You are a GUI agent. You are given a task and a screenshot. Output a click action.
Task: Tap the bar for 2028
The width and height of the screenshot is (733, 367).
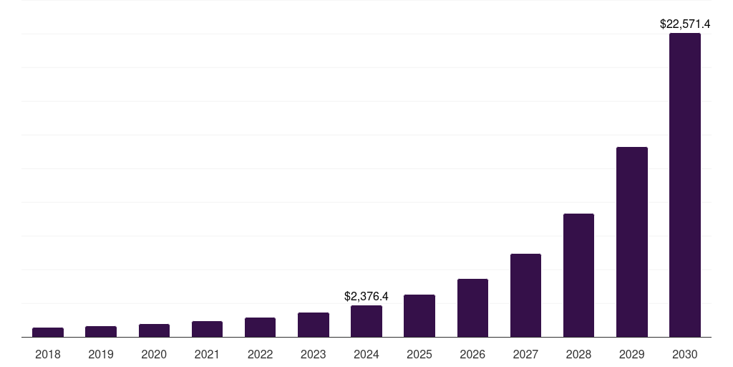click(x=578, y=275)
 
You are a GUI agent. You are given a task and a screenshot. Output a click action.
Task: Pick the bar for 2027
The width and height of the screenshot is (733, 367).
click(x=525, y=295)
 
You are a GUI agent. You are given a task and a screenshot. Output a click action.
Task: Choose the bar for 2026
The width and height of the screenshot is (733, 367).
click(x=472, y=308)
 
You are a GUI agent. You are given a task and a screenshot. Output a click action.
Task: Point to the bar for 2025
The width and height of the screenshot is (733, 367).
click(x=419, y=316)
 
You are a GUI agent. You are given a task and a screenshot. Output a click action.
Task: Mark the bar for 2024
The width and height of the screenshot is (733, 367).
click(x=366, y=321)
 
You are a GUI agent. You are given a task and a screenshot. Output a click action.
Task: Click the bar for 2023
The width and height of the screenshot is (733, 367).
click(x=314, y=325)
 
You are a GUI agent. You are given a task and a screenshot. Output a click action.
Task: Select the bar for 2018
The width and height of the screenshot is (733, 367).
click(x=48, y=333)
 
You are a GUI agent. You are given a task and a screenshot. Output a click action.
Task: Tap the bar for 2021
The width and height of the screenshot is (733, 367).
click(x=207, y=329)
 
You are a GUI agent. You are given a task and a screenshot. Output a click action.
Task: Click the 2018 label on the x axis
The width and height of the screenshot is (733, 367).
click(x=48, y=354)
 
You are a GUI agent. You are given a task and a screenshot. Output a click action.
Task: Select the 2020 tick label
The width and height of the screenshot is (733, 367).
click(x=154, y=354)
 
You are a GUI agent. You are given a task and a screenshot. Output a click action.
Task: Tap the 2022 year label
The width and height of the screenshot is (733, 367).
click(x=260, y=354)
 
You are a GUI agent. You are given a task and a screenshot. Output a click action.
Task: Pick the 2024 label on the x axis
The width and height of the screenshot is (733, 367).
click(x=366, y=354)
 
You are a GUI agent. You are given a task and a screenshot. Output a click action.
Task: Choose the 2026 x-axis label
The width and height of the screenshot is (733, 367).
click(x=472, y=354)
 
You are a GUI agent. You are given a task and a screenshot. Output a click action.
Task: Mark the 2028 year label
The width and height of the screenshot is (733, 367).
click(x=578, y=354)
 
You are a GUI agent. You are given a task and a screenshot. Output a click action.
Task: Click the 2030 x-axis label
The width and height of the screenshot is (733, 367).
click(x=684, y=354)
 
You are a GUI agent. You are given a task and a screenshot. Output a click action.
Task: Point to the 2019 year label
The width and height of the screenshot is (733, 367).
click(x=101, y=354)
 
